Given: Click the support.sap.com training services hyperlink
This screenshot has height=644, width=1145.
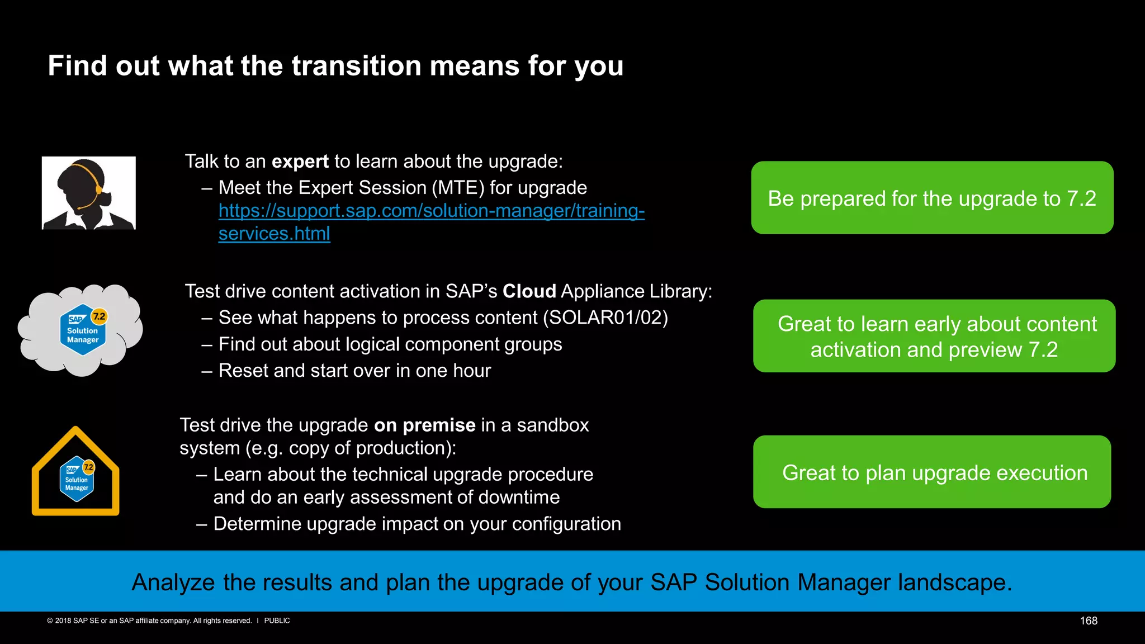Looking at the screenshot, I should [x=430, y=211].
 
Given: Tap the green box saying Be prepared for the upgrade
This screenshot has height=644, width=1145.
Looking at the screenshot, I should [x=931, y=198].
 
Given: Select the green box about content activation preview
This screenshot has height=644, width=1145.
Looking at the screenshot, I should [x=934, y=337].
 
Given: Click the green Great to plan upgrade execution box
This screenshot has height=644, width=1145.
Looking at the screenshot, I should [x=931, y=472].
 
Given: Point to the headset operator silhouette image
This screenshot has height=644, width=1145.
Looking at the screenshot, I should [x=88, y=193].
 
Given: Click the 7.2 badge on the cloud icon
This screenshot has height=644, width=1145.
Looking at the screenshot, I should [x=99, y=316].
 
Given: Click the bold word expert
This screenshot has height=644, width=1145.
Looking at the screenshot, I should [x=300, y=162].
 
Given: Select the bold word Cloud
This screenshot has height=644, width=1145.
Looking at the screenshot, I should [x=529, y=291].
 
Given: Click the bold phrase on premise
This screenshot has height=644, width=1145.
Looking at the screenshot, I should [x=424, y=425].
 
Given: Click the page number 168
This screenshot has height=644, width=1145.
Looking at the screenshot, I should [x=1088, y=621].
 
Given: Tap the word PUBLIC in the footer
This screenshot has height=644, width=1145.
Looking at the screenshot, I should [x=277, y=621].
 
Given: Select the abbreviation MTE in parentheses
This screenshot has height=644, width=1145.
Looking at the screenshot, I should [x=458, y=188].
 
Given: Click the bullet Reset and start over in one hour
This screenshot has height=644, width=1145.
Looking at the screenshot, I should [x=354, y=371].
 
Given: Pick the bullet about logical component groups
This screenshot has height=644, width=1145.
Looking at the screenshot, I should [x=390, y=344].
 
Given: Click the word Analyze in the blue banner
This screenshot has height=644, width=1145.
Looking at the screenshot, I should [x=173, y=583].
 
